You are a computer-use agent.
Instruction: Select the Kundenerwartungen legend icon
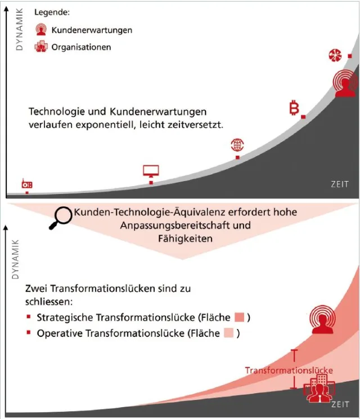coord(41,30)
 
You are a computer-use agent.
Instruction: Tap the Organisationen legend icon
coord(41,47)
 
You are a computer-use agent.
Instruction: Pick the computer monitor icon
coord(151,170)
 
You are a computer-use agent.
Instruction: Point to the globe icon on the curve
coord(237,145)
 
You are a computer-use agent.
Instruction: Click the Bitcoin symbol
coord(294,108)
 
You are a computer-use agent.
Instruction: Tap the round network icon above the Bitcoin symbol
coord(335,55)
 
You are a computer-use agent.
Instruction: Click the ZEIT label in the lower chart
coord(340,404)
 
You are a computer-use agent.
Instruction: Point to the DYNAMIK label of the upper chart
coord(20,28)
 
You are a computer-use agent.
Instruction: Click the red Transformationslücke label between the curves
coord(289,371)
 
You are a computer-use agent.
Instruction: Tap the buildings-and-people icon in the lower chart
coord(318,391)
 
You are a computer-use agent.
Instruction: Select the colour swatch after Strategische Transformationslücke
coord(239,318)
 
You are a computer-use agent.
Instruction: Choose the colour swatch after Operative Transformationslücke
coord(229,333)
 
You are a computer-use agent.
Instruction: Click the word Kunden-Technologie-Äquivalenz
coord(137,213)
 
